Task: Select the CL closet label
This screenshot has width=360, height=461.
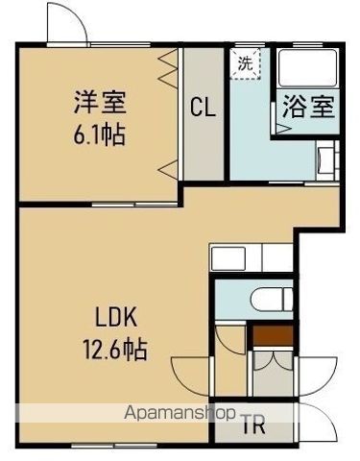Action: coord(202,108)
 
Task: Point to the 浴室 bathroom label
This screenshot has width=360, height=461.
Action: coord(307,106)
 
